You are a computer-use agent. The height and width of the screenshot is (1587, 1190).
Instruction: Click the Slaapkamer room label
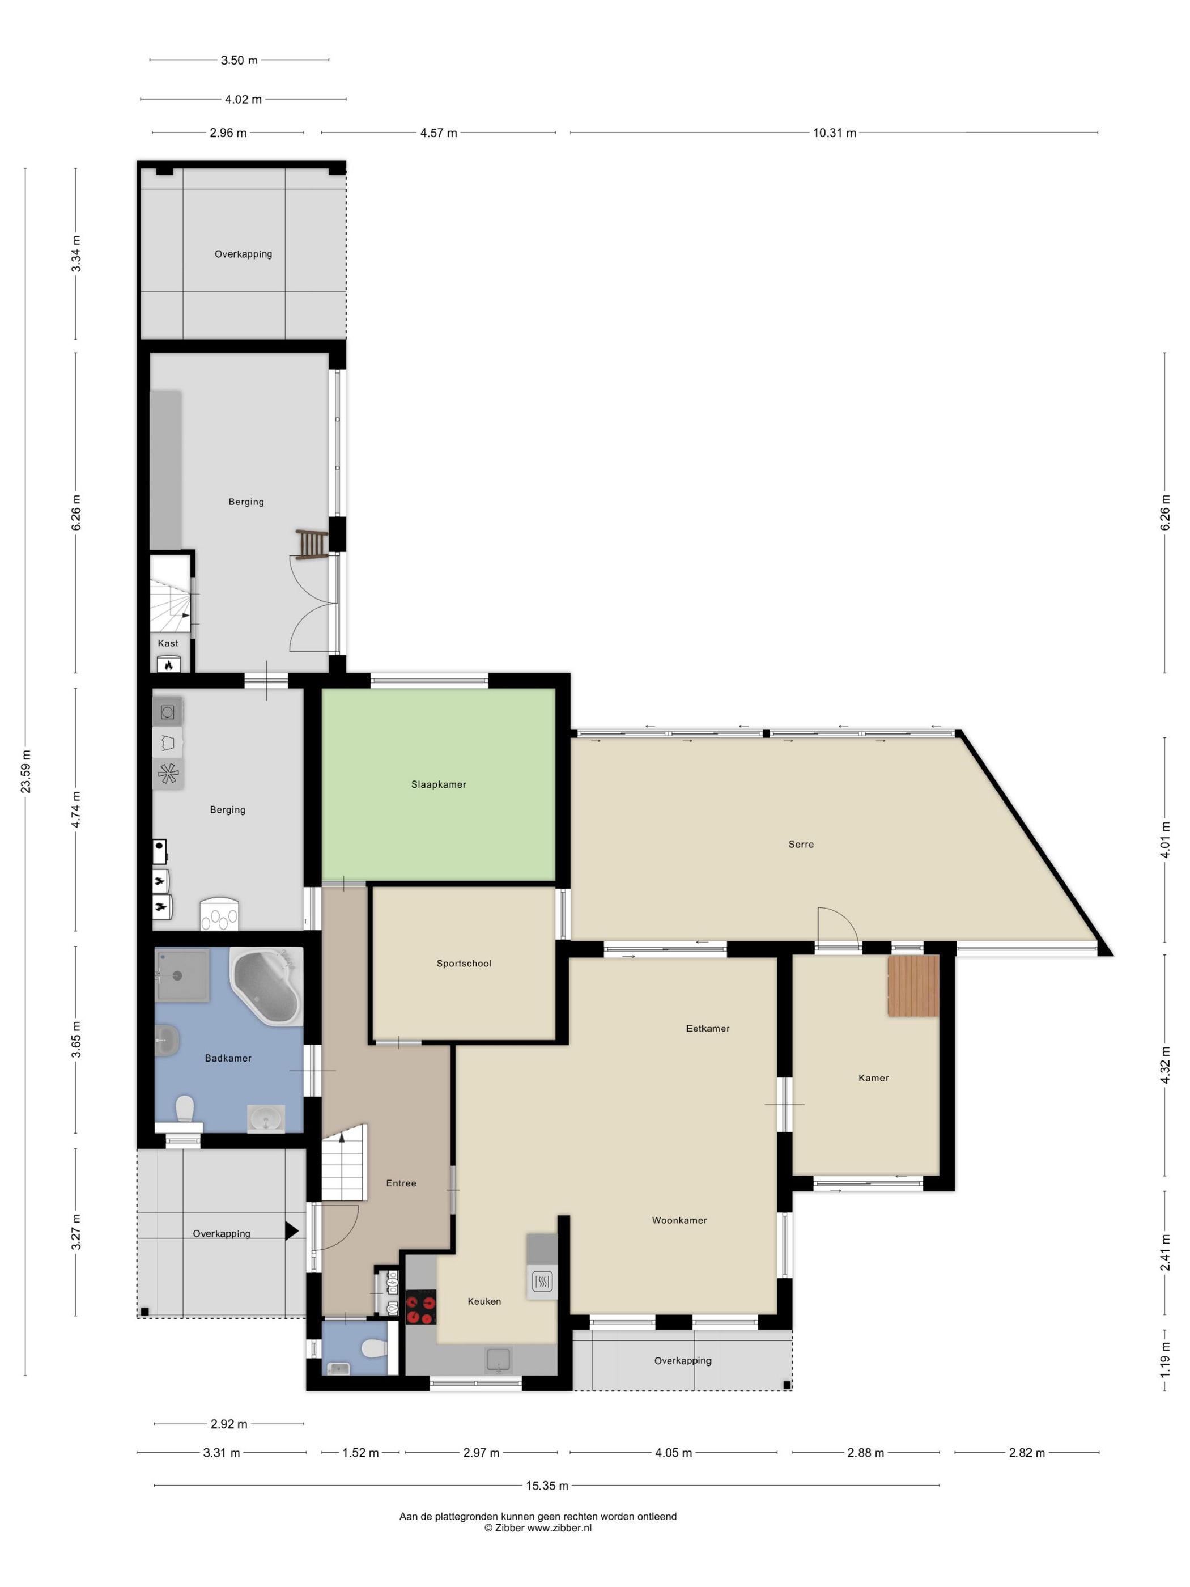pos(438,784)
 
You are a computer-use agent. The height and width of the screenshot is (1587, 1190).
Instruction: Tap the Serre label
pos(801,844)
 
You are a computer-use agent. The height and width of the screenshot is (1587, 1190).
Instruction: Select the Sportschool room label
pos(464,963)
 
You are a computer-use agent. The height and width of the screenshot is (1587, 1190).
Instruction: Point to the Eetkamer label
pos(707,1028)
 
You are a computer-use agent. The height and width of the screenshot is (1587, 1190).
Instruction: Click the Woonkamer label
pos(678,1220)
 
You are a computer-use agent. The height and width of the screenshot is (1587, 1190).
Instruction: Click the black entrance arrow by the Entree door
pos(291,1231)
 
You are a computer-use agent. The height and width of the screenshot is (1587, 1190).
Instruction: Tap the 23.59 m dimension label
pos(26,771)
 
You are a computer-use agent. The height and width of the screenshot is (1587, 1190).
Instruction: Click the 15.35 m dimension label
pos(547,1485)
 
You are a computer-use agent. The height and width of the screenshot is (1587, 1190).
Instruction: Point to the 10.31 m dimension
pos(834,133)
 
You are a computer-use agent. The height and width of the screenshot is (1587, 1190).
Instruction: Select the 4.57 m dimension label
pos(438,133)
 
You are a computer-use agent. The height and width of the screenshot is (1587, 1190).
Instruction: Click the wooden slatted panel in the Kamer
pos(912,985)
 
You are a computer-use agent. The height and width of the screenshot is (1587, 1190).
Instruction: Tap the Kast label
pos(168,643)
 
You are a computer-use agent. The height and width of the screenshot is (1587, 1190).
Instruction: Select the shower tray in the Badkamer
pos(182,975)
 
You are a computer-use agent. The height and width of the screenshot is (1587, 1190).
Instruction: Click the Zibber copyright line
pos(537,1527)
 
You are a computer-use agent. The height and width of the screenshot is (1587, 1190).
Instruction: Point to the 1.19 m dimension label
pos(1165,1360)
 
